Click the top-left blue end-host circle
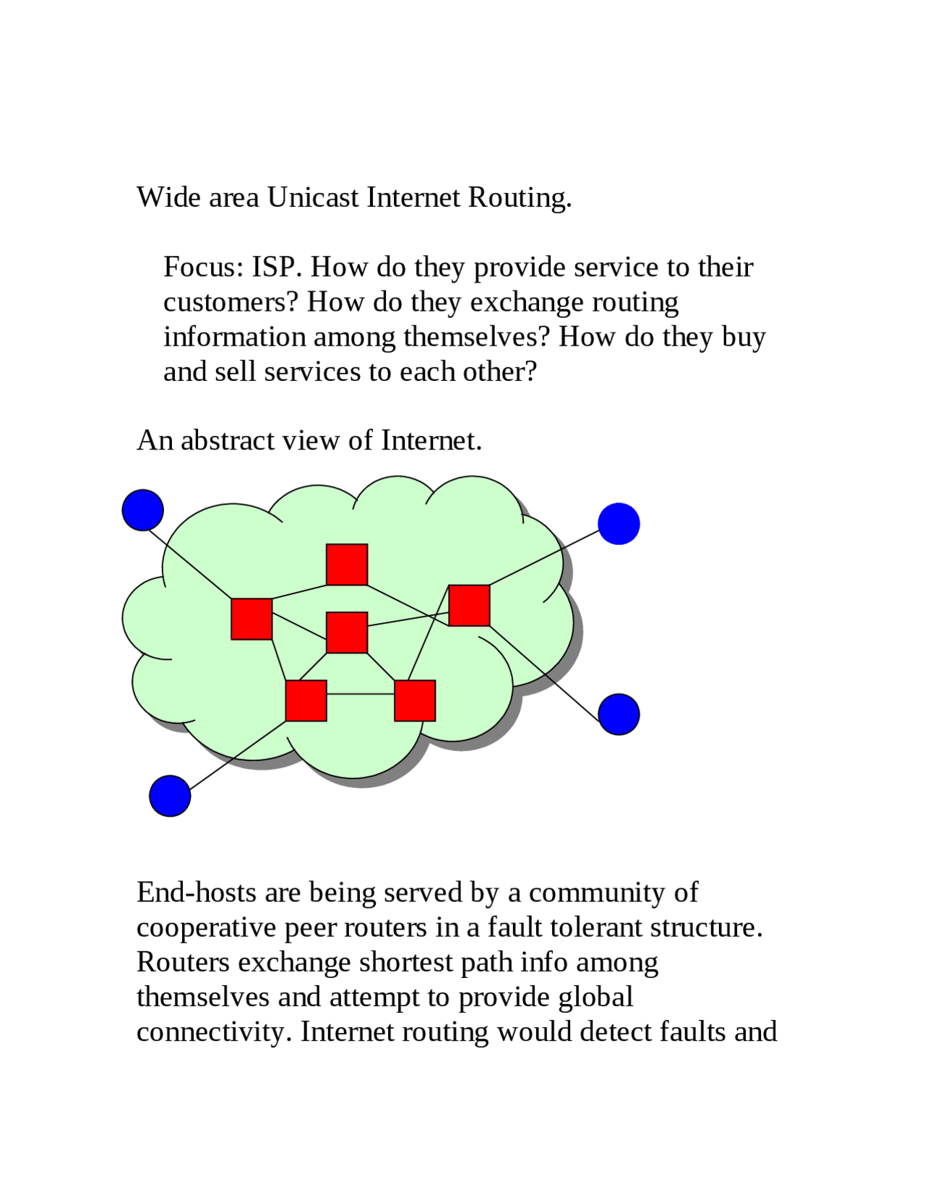[142, 510]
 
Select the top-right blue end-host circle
[619, 523]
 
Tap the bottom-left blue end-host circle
[170, 796]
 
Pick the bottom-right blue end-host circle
[619, 714]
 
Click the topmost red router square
[347, 565]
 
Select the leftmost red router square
[251, 619]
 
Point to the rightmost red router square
[469, 606]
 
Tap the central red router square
[347, 632]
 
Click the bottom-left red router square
[306, 700]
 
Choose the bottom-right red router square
[415, 700]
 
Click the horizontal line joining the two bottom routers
[361, 694]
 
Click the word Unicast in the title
[313, 197]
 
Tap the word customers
[231, 302]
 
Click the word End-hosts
[197, 892]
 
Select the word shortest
[406, 962]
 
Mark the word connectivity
[214, 1032]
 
